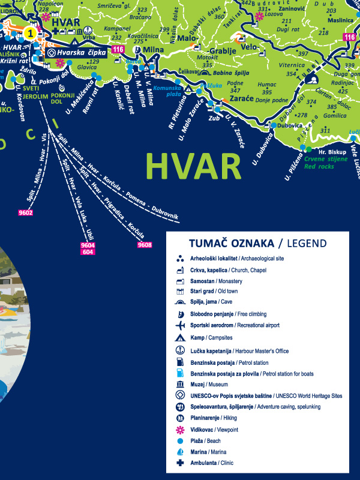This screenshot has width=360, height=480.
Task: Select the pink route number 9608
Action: pyautogui.click(x=144, y=245)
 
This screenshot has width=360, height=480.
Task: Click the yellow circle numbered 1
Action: pyautogui.click(x=31, y=34)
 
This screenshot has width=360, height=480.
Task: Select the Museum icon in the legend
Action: pyautogui.click(x=179, y=384)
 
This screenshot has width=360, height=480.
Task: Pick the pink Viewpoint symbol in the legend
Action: pyautogui.click(x=179, y=429)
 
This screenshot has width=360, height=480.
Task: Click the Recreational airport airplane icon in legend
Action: pyautogui.click(x=179, y=325)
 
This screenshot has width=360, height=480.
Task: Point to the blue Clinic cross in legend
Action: pyautogui.click(x=179, y=463)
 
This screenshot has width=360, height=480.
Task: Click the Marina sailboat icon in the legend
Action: pyautogui.click(x=179, y=452)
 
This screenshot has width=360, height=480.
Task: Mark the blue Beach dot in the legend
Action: pyautogui.click(x=179, y=440)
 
